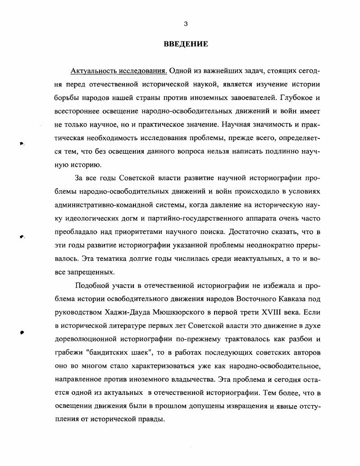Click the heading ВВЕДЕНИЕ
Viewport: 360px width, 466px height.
tap(185, 44)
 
